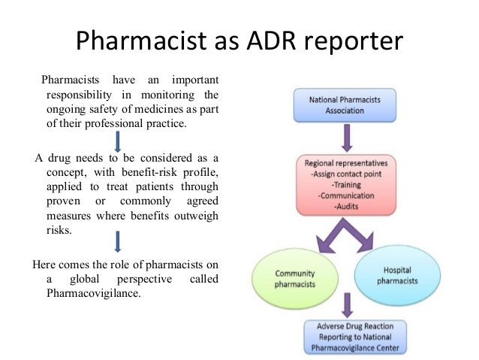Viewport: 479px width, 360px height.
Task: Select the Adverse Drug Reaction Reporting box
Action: tap(346, 337)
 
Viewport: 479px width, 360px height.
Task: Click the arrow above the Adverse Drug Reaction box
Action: tap(347, 304)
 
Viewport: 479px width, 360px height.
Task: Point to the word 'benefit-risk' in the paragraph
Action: tap(141, 173)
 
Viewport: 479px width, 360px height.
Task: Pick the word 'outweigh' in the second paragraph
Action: tap(197, 216)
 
